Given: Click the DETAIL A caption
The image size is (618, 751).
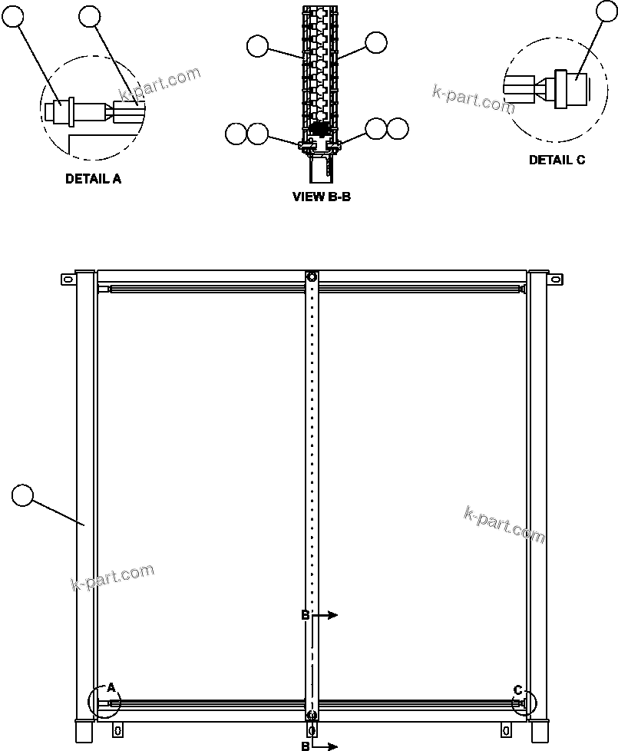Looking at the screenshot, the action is (x=93, y=179).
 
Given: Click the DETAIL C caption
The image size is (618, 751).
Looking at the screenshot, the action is (x=557, y=160).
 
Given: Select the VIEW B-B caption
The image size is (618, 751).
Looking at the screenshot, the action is (x=322, y=197).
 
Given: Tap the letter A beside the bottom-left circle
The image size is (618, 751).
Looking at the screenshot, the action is (x=111, y=687).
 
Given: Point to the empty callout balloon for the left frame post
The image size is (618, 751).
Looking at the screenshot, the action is (x=24, y=495).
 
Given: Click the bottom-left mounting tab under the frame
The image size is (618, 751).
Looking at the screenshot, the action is (x=117, y=728).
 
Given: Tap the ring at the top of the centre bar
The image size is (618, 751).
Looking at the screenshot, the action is (x=311, y=277).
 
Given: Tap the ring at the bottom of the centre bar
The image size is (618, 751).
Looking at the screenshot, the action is (x=311, y=716).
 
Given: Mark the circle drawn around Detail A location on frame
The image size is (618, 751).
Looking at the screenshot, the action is (x=104, y=702).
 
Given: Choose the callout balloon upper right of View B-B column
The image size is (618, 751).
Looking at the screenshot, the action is (x=376, y=43).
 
